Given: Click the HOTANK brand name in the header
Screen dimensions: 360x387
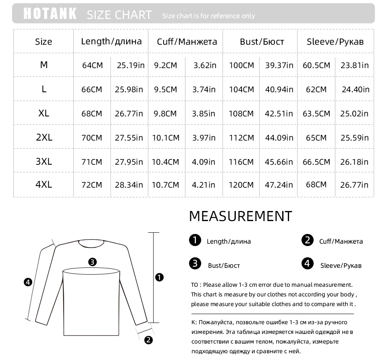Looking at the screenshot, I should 50,13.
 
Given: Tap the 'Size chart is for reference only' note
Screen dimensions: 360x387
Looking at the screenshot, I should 208,16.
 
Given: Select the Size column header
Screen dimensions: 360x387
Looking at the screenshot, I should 44,41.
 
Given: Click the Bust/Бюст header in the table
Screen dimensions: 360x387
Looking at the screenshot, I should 262,41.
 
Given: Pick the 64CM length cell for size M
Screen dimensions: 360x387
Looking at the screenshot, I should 92,65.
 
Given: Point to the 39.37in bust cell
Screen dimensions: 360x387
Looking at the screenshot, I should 279,65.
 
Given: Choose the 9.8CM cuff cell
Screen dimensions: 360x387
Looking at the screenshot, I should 165,114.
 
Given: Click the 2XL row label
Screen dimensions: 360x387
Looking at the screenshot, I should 44,137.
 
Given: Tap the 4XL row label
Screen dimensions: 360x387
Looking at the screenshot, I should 44,184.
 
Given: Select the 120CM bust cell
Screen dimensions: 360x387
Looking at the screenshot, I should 241,185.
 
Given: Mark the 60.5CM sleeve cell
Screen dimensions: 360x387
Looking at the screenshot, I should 316,65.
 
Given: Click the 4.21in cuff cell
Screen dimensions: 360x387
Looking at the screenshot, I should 204,185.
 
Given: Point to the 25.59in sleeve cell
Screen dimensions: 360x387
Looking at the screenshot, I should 354,138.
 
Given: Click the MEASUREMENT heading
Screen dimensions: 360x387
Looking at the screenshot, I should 240,216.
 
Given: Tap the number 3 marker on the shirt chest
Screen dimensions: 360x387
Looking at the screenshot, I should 92,262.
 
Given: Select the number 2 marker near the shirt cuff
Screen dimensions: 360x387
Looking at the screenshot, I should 148,340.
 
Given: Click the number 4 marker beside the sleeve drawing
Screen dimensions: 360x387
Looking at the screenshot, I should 28,282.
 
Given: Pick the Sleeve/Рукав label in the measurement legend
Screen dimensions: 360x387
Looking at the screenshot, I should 341,265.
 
